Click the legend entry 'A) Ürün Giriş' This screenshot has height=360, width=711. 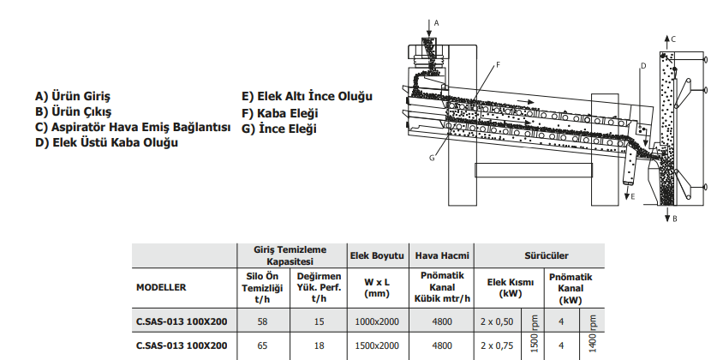(73, 96)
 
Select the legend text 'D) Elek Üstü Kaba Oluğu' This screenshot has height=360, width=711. (106, 142)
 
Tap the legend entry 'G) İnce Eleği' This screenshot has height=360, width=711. (279, 129)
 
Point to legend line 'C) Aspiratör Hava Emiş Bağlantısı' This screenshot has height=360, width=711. (133, 127)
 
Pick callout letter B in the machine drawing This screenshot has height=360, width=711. (674, 219)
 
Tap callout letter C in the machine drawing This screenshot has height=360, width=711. (674, 39)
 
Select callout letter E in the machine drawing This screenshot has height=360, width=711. (632, 197)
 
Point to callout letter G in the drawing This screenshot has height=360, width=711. (433, 158)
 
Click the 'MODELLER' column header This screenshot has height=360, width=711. (161, 287)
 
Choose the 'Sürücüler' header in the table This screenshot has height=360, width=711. (541, 255)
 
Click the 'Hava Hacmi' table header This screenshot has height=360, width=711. (442, 255)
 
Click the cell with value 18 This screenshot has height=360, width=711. (319, 345)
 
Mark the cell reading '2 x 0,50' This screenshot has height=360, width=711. (498, 321)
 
